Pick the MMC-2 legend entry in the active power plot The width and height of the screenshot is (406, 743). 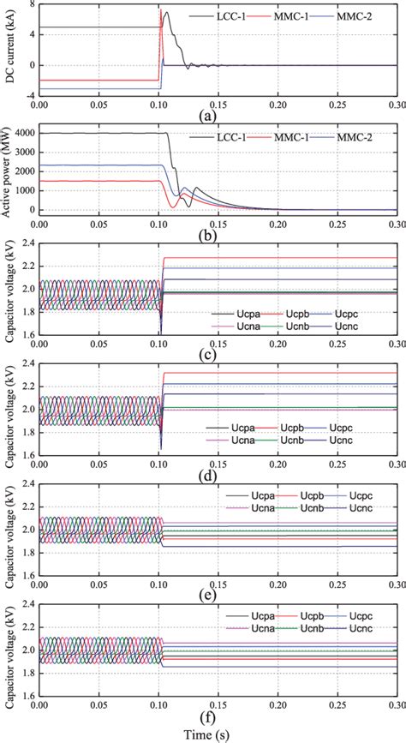tap(364, 136)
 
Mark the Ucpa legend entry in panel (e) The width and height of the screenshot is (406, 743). tap(244, 496)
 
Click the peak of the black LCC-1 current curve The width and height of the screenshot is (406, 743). tap(166, 12)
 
